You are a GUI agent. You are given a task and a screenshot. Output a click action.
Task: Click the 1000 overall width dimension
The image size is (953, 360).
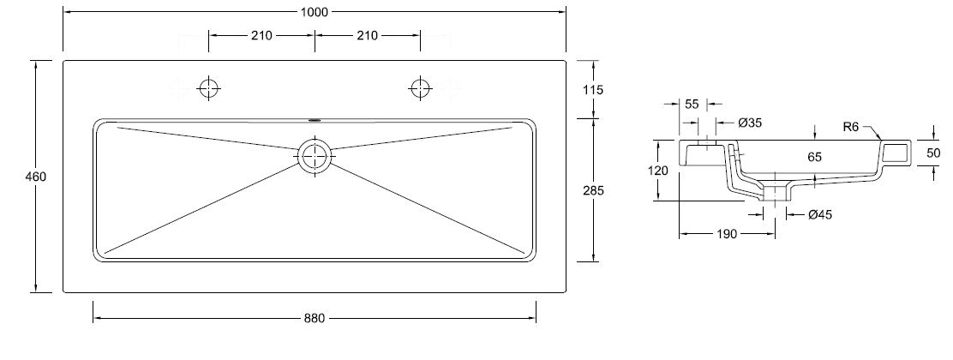tap(315, 11)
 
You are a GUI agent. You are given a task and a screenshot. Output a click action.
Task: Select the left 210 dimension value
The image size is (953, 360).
tap(261, 35)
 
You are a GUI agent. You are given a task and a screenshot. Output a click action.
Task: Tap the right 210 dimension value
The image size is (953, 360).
tap(367, 35)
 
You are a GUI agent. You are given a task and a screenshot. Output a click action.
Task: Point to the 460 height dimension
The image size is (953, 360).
tap(36, 177)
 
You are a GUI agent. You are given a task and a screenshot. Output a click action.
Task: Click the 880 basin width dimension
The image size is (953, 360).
tap(315, 318)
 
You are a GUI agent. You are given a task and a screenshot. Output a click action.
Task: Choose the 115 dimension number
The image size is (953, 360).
tap(592, 90)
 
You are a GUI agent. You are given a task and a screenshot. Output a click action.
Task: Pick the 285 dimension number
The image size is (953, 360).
tap(593, 190)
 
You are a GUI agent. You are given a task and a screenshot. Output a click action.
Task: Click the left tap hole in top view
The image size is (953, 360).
tap(208, 89)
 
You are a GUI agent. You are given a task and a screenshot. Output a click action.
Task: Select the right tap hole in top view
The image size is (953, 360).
tap(420, 89)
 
